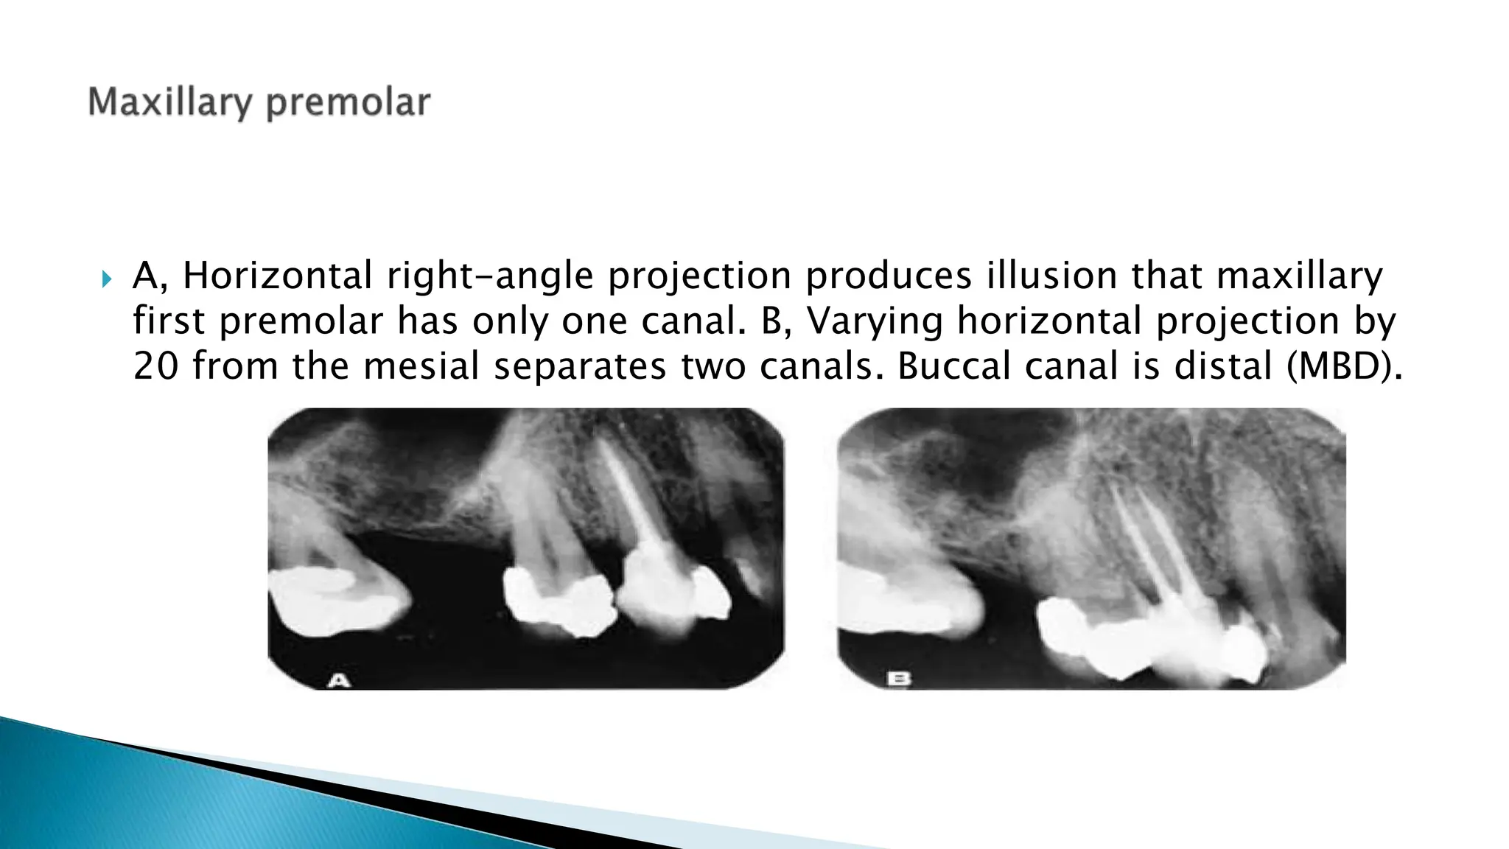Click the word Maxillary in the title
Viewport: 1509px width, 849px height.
(171, 102)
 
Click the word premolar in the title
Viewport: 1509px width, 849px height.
(348, 102)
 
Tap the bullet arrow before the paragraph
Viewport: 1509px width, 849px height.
(107, 279)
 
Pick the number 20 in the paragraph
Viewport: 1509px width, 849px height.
(155, 366)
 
